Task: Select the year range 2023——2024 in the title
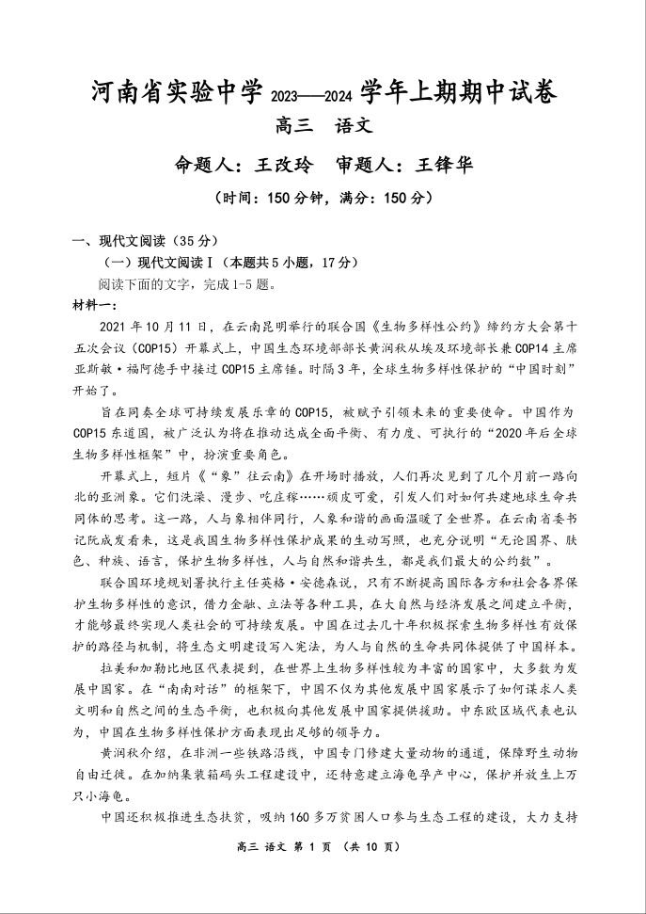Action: [x=317, y=95]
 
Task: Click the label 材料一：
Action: [x=94, y=305]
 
